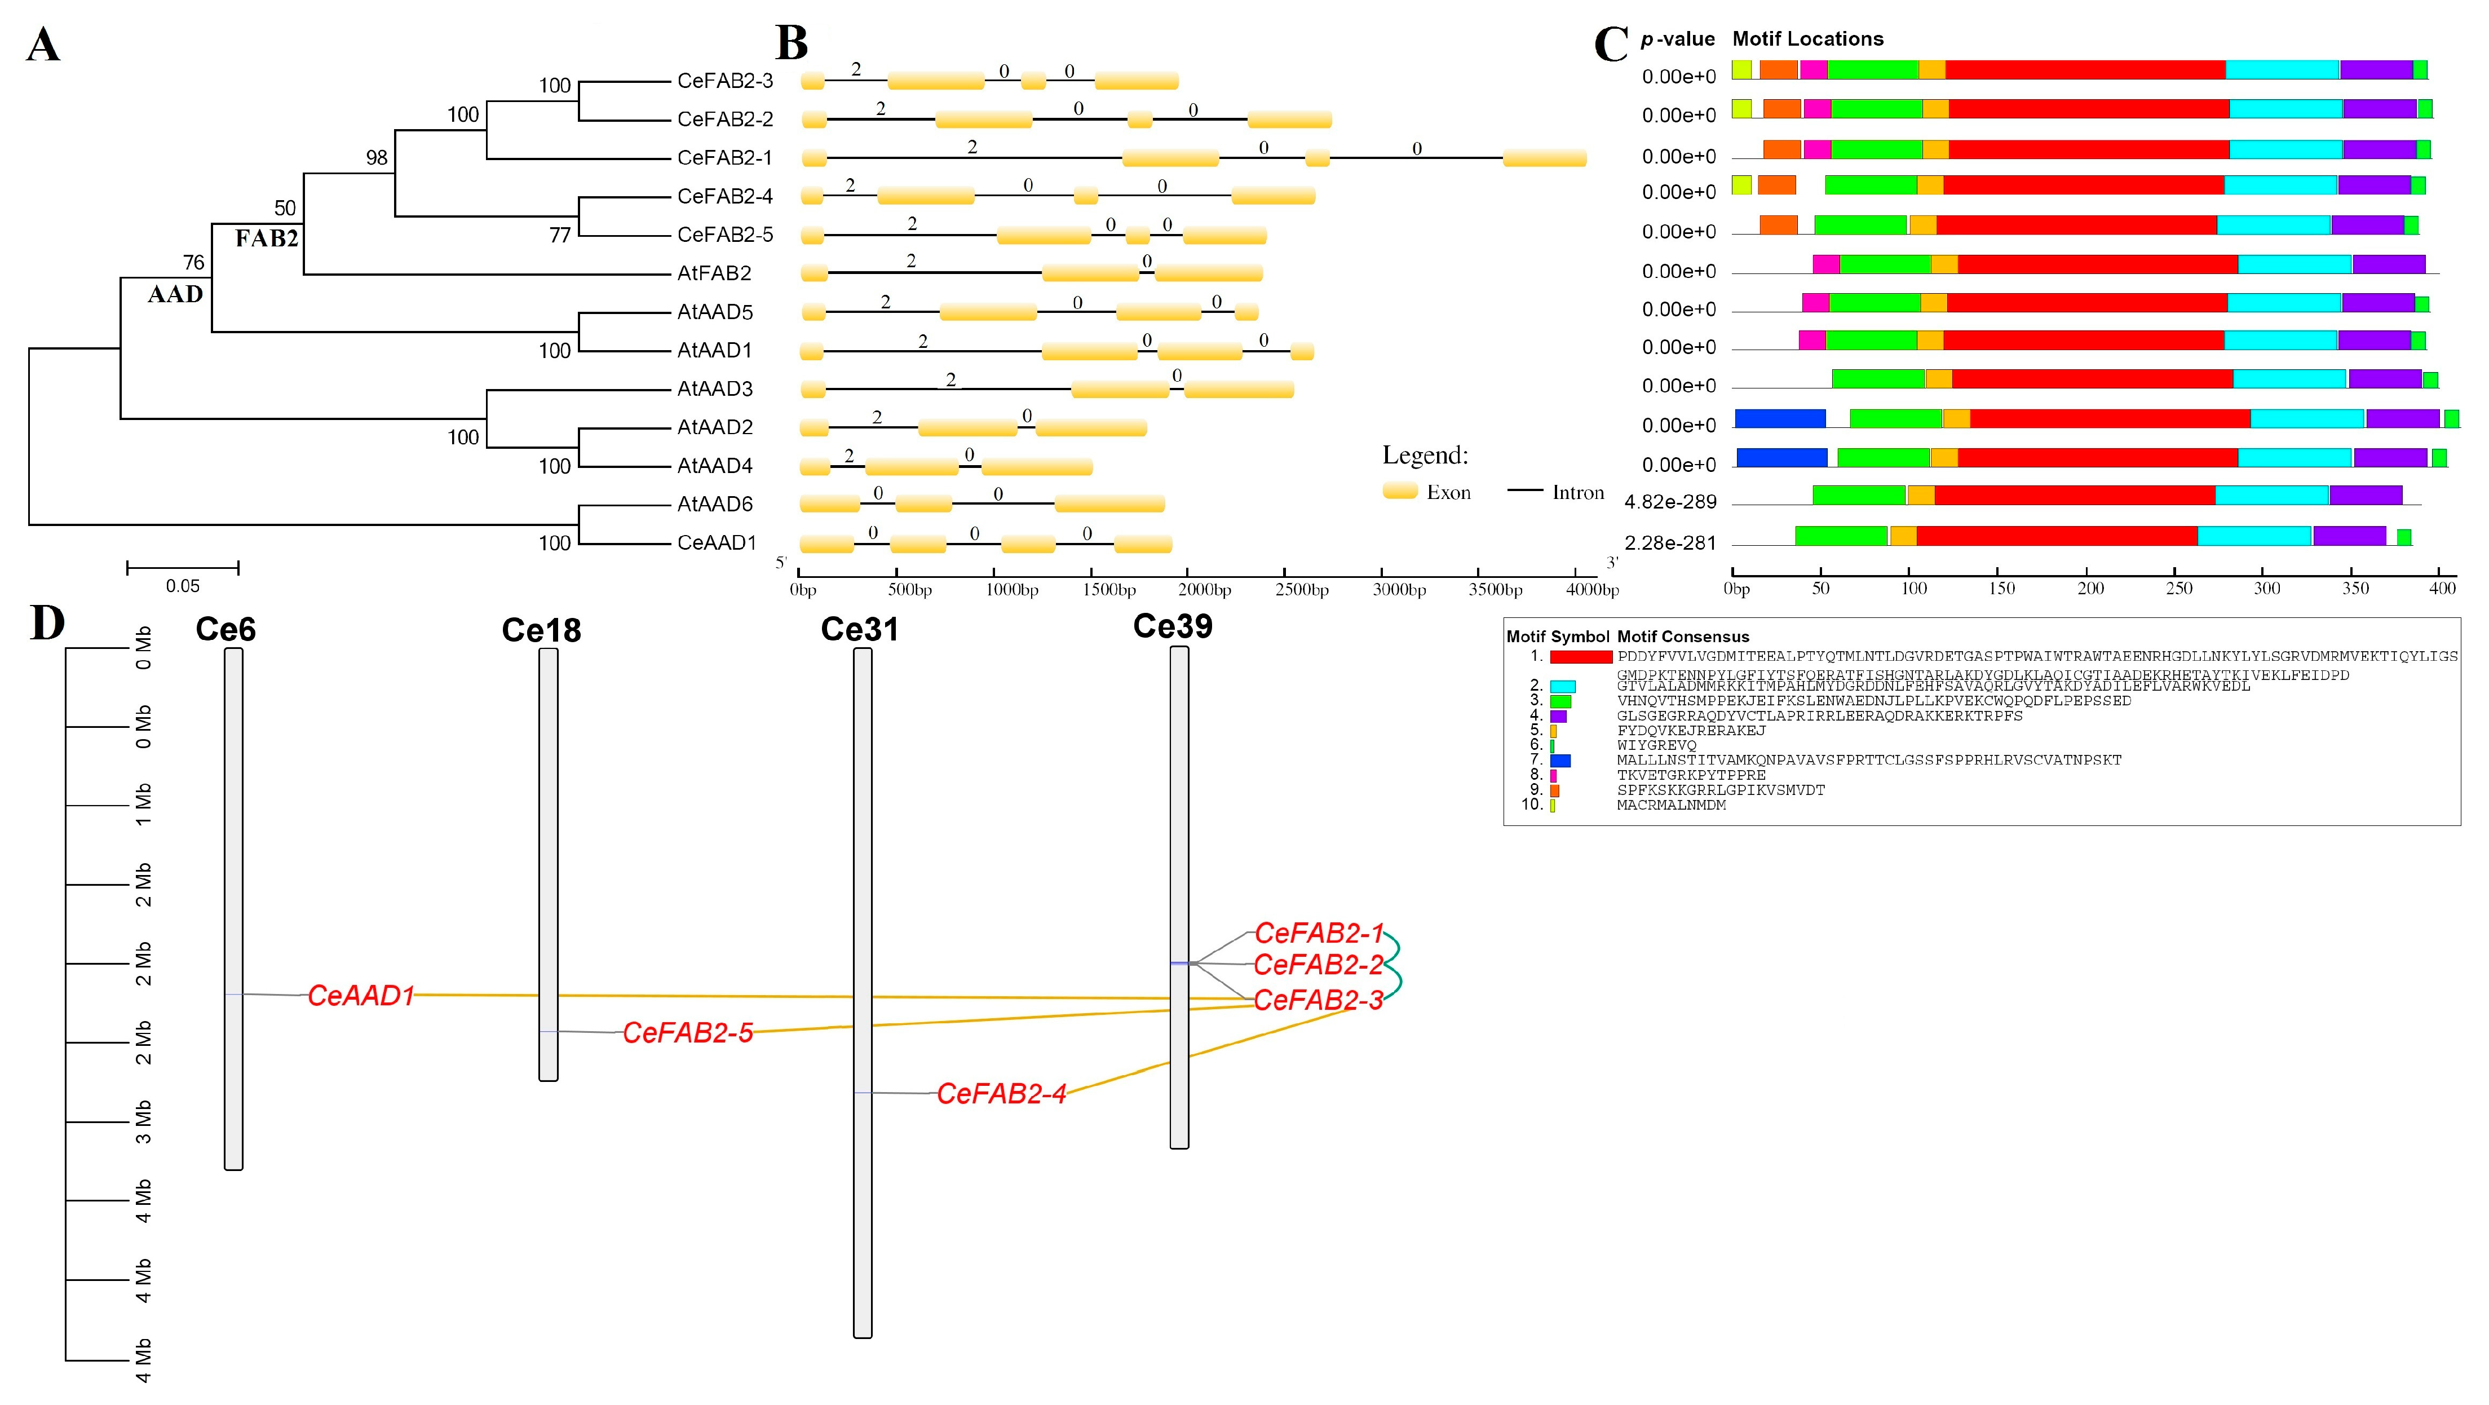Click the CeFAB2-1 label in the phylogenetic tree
(x=724, y=157)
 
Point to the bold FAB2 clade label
(x=267, y=238)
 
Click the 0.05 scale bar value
(x=183, y=586)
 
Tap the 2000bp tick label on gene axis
(x=1204, y=589)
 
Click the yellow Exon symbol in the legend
(x=1399, y=491)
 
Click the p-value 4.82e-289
(x=1670, y=502)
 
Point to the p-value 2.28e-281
(x=1670, y=542)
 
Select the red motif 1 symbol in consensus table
(x=1581, y=657)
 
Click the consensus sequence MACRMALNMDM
(x=1670, y=805)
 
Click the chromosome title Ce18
(x=541, y=630)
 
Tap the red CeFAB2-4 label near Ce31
(x=1001, y=1094)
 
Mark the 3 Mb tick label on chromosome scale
(x=144, y=1121)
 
